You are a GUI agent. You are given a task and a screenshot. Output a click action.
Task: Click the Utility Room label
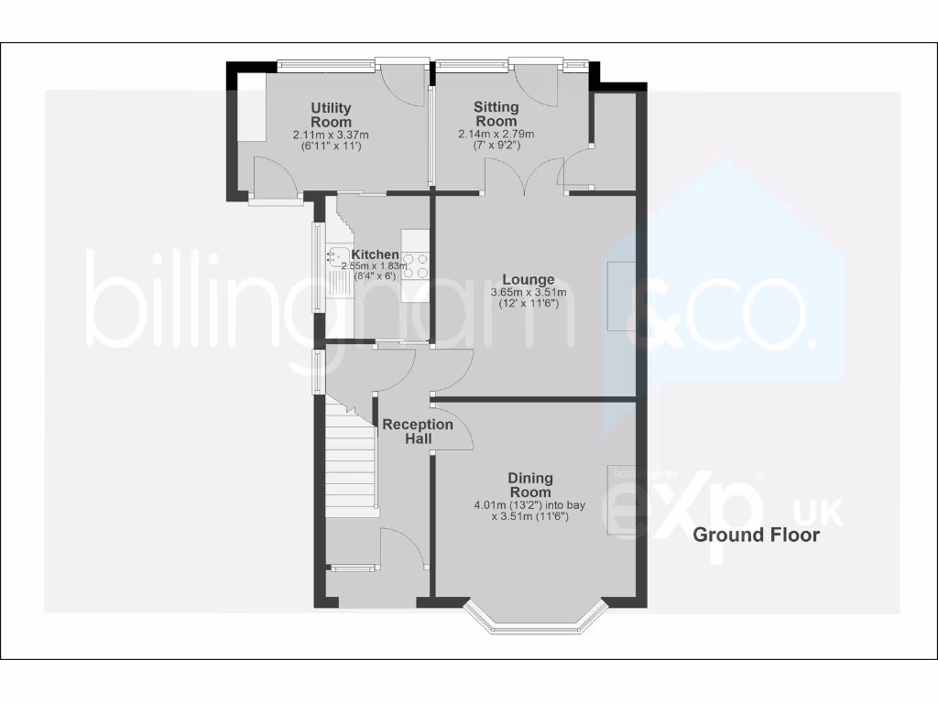point(331,115)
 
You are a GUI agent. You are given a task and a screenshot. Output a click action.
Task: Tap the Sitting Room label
point(496,114)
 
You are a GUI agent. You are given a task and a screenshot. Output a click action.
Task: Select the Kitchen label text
point(376,254)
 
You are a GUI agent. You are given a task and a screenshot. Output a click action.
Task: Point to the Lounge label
point(529,279)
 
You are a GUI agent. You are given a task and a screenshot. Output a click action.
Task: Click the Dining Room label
point(530,485)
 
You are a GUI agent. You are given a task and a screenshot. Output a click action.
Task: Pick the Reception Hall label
point(418,432)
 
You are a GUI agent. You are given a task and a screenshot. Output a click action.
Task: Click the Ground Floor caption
point(756,535)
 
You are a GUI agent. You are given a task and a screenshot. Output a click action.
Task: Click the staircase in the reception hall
point(350,458)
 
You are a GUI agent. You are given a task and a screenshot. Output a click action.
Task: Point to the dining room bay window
point(536,622)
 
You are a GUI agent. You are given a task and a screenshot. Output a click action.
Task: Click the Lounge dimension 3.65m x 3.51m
point(529,293)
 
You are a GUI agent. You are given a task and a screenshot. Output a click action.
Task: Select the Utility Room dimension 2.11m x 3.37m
point(331,135)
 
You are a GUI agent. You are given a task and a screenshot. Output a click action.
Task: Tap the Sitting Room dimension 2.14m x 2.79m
point(496,134)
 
